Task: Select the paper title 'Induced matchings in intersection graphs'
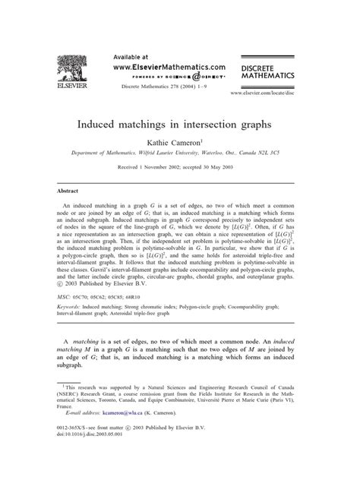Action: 179,120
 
